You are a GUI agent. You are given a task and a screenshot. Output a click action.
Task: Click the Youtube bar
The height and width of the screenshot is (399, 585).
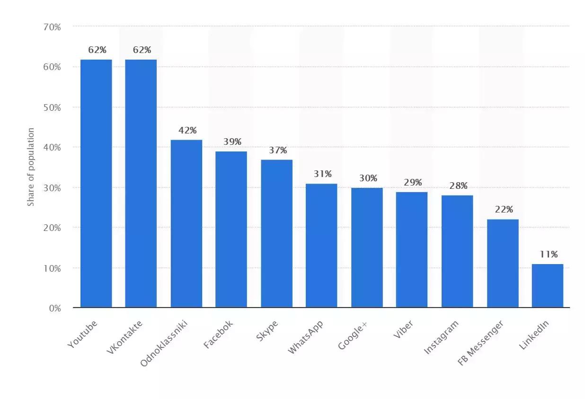click(96, 183)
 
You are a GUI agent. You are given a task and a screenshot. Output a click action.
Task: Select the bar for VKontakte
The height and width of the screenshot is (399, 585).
click(141, 183)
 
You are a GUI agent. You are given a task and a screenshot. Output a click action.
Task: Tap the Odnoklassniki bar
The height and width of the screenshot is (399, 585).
click(186, 223)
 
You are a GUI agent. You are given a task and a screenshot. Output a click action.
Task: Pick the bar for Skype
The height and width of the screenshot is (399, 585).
click(276, 233)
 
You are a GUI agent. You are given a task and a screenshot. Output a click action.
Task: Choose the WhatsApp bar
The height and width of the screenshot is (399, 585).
click(321, 245)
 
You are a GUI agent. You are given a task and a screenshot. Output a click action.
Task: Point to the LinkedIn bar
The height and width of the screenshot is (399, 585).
click(548, 285)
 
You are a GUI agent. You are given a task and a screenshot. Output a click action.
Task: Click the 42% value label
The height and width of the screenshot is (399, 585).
click(187, 130)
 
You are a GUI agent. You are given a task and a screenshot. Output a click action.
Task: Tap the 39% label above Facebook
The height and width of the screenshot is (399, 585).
click(232, 142)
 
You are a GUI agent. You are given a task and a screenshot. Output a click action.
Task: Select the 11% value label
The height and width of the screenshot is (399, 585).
click(549, 255)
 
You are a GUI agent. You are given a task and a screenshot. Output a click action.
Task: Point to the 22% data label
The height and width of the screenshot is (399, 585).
click(504, 210)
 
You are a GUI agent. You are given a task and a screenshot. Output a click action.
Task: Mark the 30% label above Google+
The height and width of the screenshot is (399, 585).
click(368, 178)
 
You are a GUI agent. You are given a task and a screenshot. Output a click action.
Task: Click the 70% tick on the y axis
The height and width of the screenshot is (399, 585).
click(53, 27)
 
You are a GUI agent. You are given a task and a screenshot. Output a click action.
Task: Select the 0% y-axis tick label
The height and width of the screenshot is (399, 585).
click(55, 308)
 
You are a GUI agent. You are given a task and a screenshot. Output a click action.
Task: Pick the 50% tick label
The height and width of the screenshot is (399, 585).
click(53, 107)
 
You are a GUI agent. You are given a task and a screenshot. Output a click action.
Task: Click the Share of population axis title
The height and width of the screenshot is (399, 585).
click(31, 167)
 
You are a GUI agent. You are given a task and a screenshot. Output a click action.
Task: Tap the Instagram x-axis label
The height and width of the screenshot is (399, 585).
click(441, 337)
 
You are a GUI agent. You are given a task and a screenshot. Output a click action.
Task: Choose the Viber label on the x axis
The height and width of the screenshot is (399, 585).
click(403, 330)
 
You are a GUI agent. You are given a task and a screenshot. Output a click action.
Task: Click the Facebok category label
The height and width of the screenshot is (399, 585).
click(219, 335)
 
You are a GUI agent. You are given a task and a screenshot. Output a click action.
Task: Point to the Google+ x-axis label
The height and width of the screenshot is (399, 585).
click(353, 335)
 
